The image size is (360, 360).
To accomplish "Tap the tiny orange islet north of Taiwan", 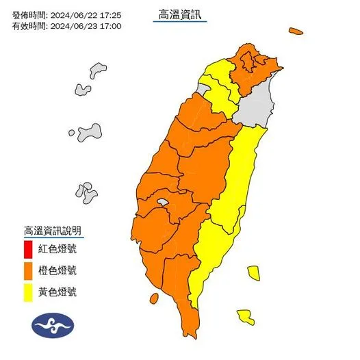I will pos(296,31).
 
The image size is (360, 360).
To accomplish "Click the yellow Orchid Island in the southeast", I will pos(245,318).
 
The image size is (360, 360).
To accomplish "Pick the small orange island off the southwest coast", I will pos(154,298).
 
